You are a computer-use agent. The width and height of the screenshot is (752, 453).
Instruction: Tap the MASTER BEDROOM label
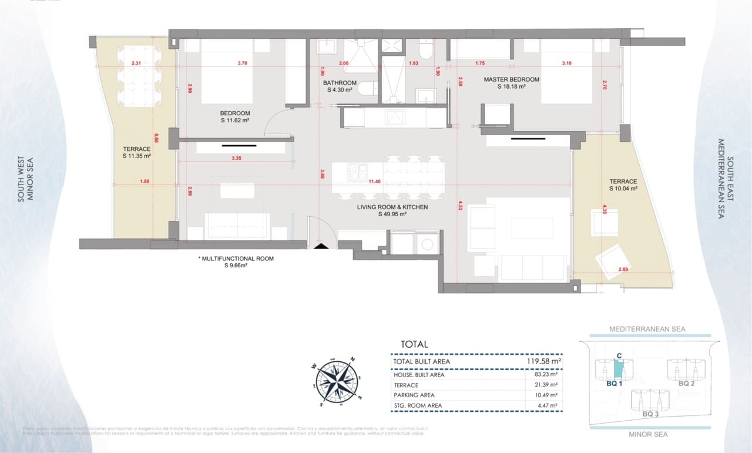point(511,79)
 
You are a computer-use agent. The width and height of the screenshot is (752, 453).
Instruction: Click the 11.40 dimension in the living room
point(375,182)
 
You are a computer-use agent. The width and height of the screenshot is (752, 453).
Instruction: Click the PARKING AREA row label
point(414,395)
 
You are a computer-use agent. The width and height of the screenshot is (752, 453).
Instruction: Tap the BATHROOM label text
point(340,83)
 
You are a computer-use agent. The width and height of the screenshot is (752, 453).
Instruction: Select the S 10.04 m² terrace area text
point(623,189)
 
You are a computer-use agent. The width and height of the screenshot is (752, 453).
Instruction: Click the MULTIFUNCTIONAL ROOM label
point(236,259)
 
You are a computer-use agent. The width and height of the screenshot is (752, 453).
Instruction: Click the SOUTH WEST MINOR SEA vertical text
point(25,179)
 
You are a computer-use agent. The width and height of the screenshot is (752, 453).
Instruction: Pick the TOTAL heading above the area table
point(414,344)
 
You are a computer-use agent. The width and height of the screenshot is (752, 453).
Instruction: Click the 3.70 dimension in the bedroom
point(242,63)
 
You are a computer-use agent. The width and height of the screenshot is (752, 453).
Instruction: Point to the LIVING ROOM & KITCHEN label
point(392,207)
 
